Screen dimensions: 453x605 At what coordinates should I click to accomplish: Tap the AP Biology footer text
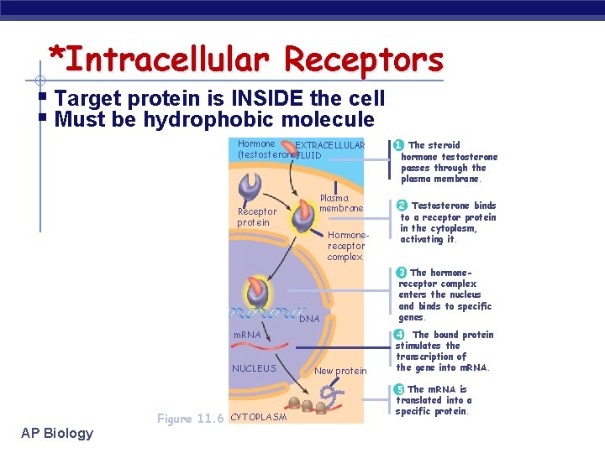pyautogui.click(x=58, y=433)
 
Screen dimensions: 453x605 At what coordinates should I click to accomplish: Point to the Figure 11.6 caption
pyautogui.click(x=190, y=419)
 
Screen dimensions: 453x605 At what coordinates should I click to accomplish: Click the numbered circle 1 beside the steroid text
pyautogui.click(x=399, y=145)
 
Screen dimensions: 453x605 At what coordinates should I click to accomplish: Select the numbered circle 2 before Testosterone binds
pyautogui.click(x=402, y=206)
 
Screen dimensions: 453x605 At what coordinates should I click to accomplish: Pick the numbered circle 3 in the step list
pyautogui.click(x=402, y=273)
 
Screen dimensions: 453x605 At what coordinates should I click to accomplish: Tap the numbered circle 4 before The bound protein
pyautogui.click(x=400, y=335)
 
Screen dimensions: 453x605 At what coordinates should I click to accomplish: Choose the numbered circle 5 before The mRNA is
pyautogui.click(x=400, y=389)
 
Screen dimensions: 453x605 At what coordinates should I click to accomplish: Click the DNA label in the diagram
pyautogui.click(x=309, y=319)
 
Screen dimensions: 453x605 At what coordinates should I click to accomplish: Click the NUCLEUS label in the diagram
pyautogui.click(x=254, y=368)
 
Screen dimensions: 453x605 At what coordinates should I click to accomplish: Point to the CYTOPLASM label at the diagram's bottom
pyautogui.click(x=258, y=417)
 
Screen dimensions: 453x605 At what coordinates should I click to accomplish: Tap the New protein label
pyautogui.click(x=340, y=371)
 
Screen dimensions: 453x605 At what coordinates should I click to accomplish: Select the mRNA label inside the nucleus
pyautogui.click(x=247, y=335)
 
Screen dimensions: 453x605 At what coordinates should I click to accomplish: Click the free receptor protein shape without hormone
pyautogui.click(x=249, y=186)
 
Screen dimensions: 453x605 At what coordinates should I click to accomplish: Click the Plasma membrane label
pyautogui.click(x=341, y=203)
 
